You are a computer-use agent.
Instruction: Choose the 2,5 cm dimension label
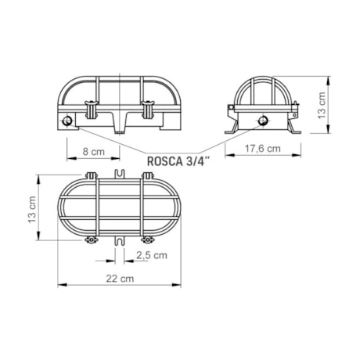[x=152, y=255]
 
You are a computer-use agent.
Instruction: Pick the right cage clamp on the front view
[x=148, y=110]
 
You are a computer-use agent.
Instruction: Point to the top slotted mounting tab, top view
[x=120, y=174]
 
